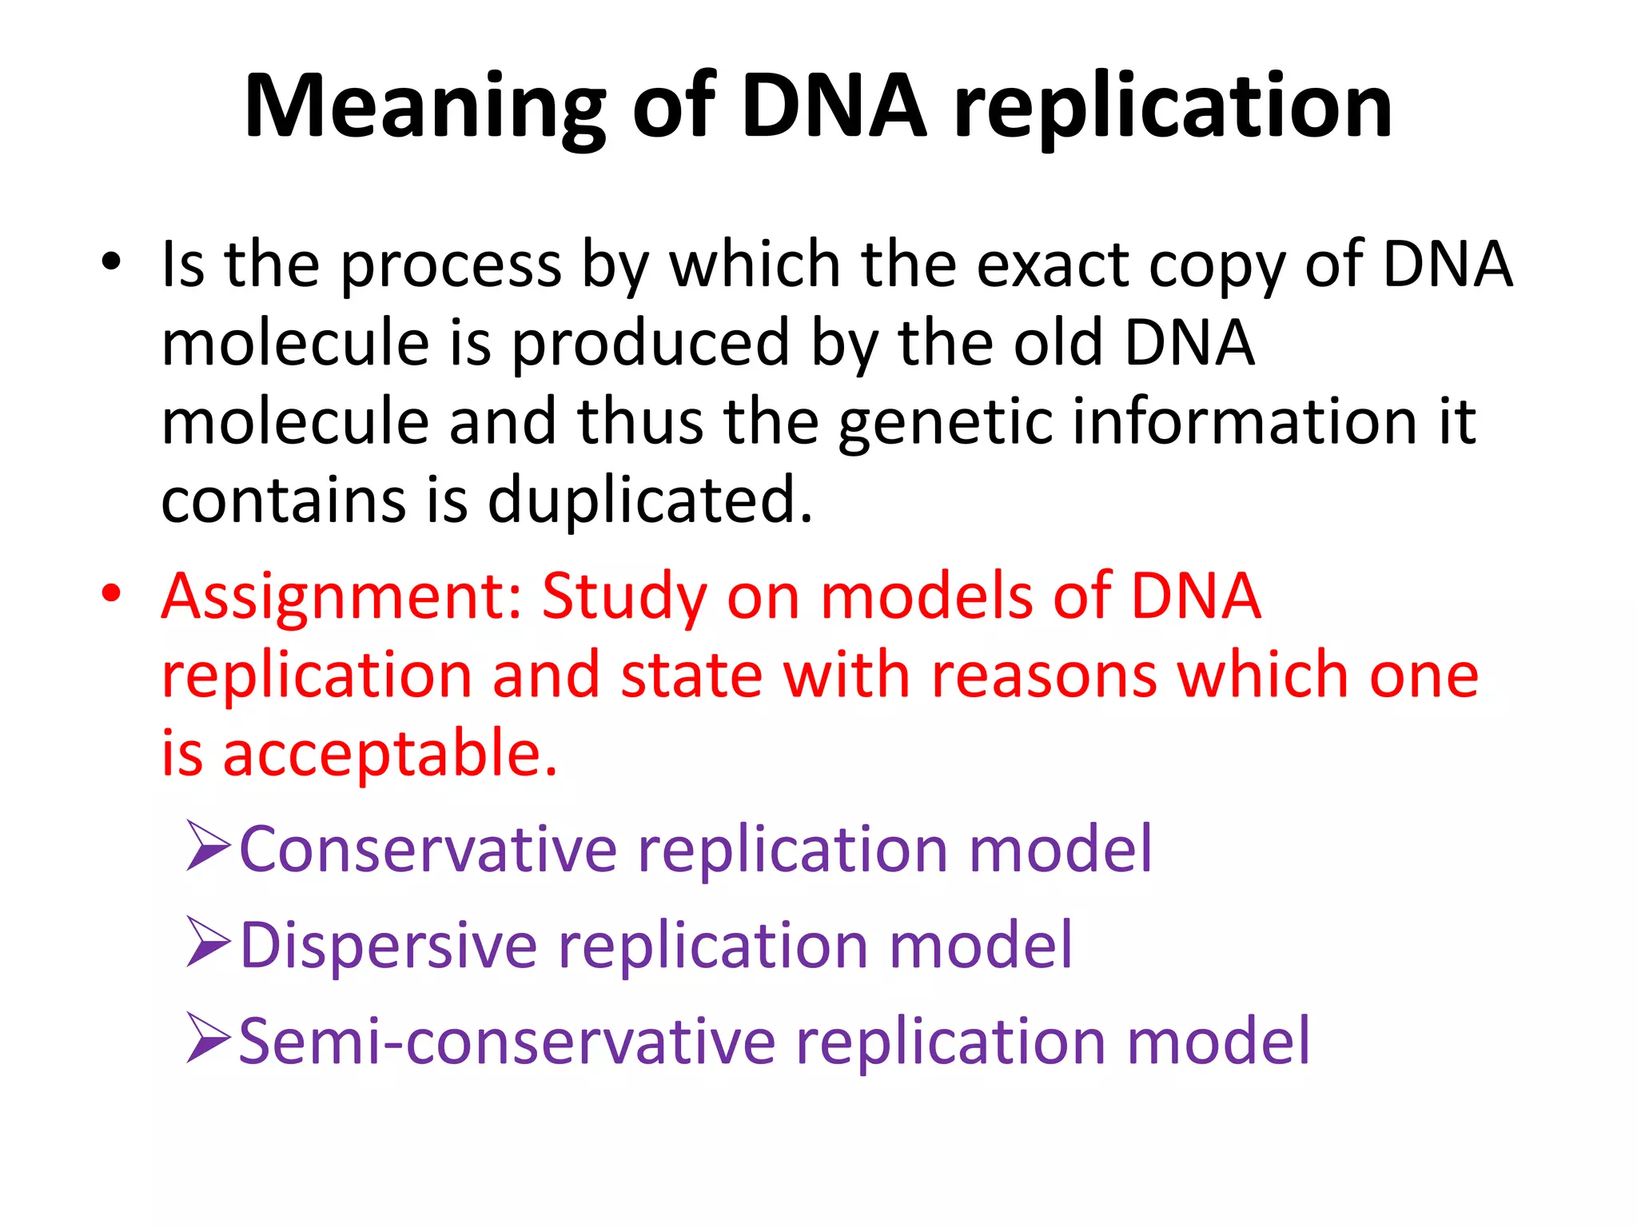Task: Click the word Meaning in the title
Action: click(424, 108)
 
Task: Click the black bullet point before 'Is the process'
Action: click(111, 262)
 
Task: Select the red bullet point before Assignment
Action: click(111, 594)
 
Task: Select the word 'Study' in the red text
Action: click(624, 597)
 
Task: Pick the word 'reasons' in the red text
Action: click(1044, 675)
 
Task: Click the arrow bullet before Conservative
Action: click(209, 846)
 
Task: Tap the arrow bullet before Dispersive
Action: click(209, 943)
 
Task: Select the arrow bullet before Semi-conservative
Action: click(209, 1039)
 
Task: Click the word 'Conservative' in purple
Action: click(428, 849)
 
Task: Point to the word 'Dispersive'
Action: click(388, 946)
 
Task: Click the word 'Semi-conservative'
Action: click(507, 1042)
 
